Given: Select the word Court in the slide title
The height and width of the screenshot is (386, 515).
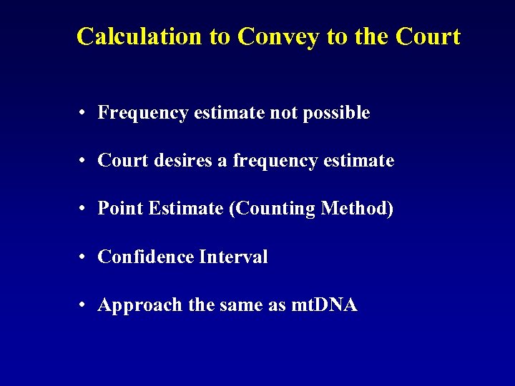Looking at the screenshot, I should click(427, 36).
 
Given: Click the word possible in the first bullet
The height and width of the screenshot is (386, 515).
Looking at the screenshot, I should click(336, 113).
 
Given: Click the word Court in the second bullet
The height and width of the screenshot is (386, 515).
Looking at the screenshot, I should click(122, 161).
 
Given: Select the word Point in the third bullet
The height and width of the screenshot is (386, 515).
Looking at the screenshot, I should click(119, 209).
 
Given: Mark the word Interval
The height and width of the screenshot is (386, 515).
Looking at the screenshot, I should click(233, 257).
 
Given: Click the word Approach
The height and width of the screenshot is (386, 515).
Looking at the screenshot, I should click(140, 305).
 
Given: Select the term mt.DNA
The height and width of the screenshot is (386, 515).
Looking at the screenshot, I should click(325, 305).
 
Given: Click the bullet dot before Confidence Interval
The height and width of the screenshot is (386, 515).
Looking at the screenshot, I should click(84, 257).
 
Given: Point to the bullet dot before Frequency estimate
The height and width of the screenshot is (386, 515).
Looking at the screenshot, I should click(84, 113).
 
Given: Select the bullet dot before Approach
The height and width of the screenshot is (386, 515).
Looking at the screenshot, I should click(84, 306).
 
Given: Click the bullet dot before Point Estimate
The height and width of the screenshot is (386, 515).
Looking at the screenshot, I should click(84, 209).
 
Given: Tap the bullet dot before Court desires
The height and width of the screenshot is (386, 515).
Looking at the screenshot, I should click(84, 162).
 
